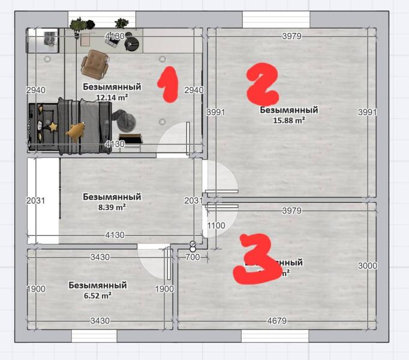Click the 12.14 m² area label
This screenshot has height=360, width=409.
[x=112, y=97]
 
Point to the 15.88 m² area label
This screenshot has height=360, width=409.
[x=288, y=119]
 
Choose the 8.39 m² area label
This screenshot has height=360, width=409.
[x=112, y=207]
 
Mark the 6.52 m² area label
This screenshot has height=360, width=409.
[x=97, y=295]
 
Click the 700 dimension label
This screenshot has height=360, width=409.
[x=192, y=257]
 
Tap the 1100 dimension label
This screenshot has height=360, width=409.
[x=216, y=226]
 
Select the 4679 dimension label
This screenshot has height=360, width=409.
[x=277, y=321]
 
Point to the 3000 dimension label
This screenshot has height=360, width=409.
[x=367, y=266]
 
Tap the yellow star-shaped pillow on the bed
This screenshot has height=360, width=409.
[x=53, y=126]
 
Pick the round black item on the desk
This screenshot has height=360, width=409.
[x=131, y=43]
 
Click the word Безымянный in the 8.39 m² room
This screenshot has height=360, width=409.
[x=112, y=197]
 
